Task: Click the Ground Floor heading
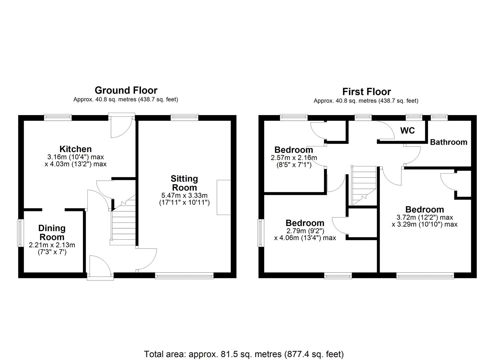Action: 126,90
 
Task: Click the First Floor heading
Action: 366,92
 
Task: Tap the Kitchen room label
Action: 75,149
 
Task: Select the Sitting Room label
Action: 184,183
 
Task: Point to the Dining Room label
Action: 52,233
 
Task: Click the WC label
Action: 407,131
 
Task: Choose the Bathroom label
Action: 448,142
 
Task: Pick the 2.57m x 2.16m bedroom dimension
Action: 294,158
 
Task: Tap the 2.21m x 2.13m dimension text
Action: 52,245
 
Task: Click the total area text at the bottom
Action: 244,354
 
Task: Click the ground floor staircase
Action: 123,223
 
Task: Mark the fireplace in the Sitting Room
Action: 224,197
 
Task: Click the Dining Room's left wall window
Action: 21,233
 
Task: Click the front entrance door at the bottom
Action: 100,267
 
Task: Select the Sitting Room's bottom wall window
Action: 184,275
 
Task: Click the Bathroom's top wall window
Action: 439,117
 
